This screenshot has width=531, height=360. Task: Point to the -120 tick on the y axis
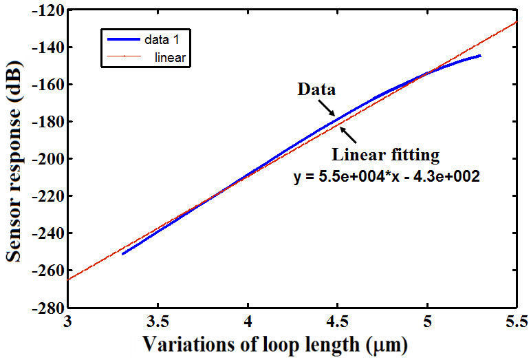[47, 11]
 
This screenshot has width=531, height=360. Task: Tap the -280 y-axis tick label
[47, 307]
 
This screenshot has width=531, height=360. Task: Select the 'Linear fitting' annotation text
[386, 156]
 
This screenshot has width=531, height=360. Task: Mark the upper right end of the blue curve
[480, 56]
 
